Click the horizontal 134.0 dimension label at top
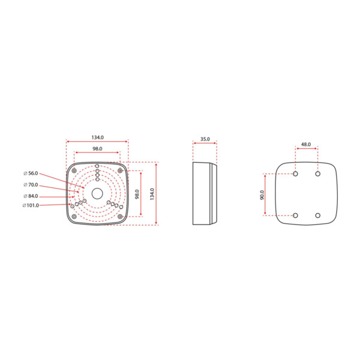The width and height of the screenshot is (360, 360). click(97, 136)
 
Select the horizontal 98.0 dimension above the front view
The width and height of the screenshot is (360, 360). click(97, 148)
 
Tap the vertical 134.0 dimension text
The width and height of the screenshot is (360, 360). click(152, 193)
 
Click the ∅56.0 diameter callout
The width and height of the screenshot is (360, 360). click(31, 173)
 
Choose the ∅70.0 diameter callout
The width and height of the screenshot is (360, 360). click(31, 185)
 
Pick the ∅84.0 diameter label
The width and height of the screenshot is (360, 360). click(31, 196)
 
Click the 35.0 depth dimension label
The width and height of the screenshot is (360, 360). click(205, 139)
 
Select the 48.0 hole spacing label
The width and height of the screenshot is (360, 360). click(306, 145)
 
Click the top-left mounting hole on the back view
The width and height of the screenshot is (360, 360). click(296, 174)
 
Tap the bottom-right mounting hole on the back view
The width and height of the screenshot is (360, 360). click(317, 215)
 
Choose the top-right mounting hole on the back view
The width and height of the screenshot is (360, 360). click(317, 174)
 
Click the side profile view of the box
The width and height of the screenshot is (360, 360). click(204, 193)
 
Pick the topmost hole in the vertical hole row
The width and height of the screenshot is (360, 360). click(97, 166)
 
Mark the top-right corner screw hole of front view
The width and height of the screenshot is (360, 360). click(120, 170)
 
